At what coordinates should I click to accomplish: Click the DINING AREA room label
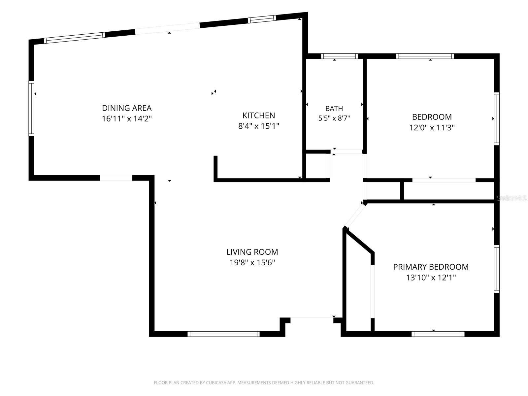pos(127,108)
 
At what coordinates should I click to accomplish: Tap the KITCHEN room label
pos(259,115)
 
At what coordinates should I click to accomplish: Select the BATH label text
pos(334,109)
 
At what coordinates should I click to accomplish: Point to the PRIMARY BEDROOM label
pos(431,267)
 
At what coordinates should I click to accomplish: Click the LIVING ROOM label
pos(252,252)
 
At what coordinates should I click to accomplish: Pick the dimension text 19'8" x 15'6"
pos(252,263)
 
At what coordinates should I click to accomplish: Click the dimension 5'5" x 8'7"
pos(334,118)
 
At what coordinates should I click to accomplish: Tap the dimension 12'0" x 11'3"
pos(432,128)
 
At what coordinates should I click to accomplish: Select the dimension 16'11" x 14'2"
pos(127,119)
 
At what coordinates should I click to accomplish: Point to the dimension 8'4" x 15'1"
pos(259,126)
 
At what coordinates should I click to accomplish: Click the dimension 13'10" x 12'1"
pos(431,278)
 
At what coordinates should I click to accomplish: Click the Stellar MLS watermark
pos(511,198)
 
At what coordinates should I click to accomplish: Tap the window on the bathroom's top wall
pos(340,56)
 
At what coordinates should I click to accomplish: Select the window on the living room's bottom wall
pos(223,334)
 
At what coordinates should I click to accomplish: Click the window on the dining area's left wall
pos(31,109)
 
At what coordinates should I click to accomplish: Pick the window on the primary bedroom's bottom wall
pos(438,334)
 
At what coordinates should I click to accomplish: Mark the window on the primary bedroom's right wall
pos(497,269)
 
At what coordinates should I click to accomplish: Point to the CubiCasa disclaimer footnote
pos(264,382)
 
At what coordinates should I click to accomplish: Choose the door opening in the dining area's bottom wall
pos(116,178)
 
